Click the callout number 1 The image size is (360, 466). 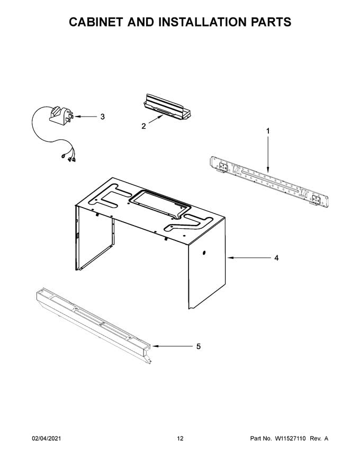tap(267, 130)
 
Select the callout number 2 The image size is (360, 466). tap(143, 126)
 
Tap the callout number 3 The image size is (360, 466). tap(102, 116)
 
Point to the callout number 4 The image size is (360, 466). tap(276, 258)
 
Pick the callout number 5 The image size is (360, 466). tap(198, 346)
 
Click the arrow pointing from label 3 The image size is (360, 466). tap(85, 116)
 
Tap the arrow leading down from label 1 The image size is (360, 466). tap(267, 154)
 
